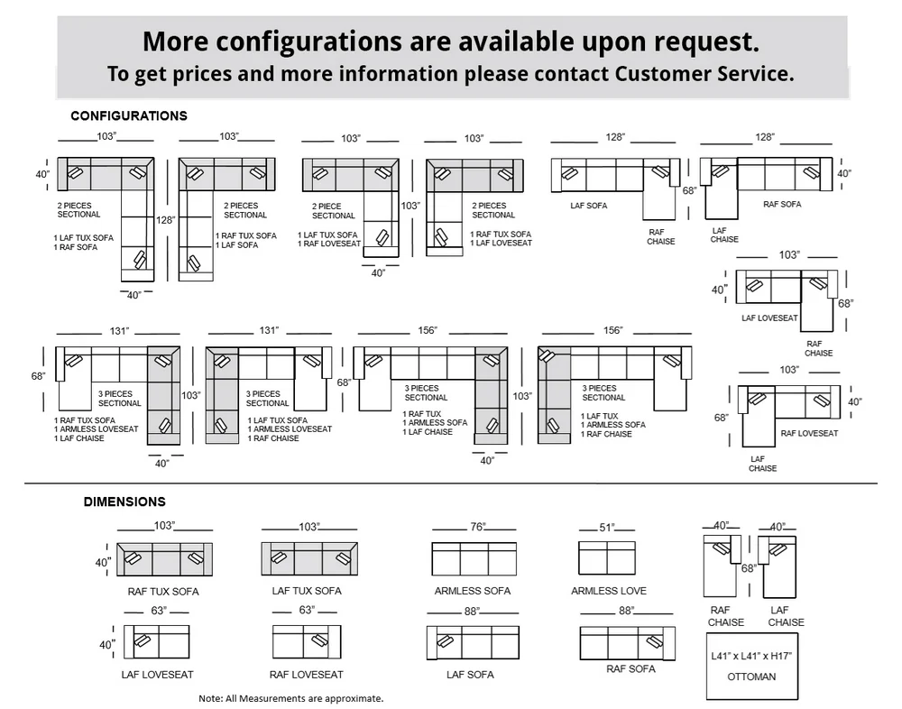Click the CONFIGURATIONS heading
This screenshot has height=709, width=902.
pyautogui.click(x=129, y=115)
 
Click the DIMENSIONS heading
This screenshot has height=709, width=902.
pyautogui.click(x=124, y=502)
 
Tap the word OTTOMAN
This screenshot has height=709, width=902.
pyautogui.click(x=751, y=677)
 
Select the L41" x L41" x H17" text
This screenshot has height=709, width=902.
pyautogui.click(x=751, y=656)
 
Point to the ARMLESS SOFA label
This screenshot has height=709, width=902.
pyautogui.click(x=473, y=591)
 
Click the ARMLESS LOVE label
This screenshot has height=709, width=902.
pyautogui.click(x=609, y=591)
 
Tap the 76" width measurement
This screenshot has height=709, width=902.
pyautogui.click(x=477, y=527)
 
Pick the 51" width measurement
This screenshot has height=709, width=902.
pyautogui.click(x=606, y=527)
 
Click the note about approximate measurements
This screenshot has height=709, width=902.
pyautogui.click(x=291, y=699)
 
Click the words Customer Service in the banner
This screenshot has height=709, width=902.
pyautogui.click(x=704, y=74)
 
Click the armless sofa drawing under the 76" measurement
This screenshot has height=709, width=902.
pyautogui.click(x=474, y=558)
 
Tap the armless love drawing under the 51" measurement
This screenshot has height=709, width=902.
pyautogui.click(x=607, y=557)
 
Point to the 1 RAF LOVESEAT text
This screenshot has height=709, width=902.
pyautogui.click(x=329, y=244)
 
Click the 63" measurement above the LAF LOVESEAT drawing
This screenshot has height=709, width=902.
pyautogui.click(x=158, y=610)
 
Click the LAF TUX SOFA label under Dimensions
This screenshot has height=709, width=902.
pyautogui.click(x=307, y=591)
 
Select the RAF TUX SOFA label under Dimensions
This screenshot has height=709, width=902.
pyautogui.click(x=163, y=592)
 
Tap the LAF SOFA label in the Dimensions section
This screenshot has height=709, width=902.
pyautogui.click(x=470, y=675)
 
